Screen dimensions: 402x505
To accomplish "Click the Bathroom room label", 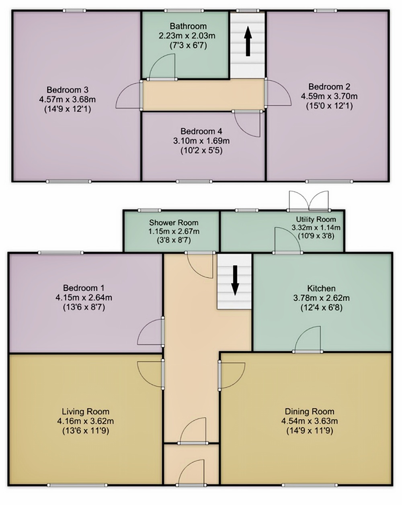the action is [x=188, y=26].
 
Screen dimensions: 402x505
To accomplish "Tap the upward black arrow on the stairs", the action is [x=248, y=41].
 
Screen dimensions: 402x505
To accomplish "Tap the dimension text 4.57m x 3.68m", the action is [x=68, y=100].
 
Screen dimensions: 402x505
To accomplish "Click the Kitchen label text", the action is [x=321, y=288].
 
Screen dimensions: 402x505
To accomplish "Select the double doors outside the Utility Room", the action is [x=309, y=200].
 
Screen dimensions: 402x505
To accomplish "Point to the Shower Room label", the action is [x=174, y=222].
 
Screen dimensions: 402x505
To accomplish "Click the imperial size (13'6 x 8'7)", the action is [x=84, y=307].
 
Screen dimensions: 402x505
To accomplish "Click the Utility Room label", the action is [x=316, y=219].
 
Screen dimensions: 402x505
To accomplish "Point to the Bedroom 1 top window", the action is [x=61, y=253].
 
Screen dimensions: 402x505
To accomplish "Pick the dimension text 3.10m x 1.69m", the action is [x=201, y=141].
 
